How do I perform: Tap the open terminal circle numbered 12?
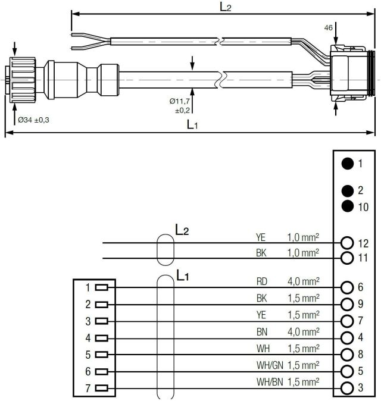[x=347, y=243]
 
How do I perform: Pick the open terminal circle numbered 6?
[x=347, y=287]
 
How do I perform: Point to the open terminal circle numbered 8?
[x=347, y=355]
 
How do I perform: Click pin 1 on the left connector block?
[x=101, y=287]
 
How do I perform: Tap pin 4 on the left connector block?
[x=101, y=338]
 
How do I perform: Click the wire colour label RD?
[x=261, y=281]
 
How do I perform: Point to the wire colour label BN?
[x=261, y=331]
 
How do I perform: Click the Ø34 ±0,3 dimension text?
[x=33, y=120]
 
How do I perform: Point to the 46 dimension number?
[x=328, y=27]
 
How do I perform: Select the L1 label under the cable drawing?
[x=193, y=124]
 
